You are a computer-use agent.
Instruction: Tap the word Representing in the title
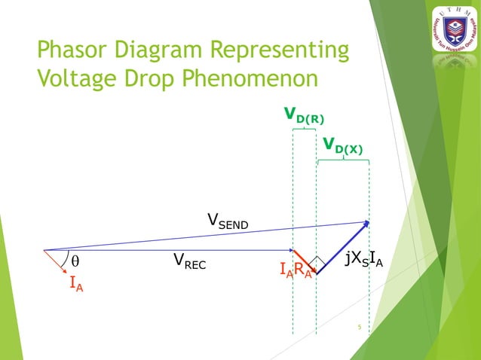[291, 51]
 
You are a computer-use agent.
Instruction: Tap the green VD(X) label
[342, 144]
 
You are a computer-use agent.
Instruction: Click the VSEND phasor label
[228, 221]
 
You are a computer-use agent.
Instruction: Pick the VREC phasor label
[189, 261]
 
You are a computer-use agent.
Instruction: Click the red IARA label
[295, 270]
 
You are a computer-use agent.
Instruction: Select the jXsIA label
[363, 260]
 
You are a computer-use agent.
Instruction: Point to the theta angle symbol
[75, 261]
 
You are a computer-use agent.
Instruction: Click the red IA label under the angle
[76, 284]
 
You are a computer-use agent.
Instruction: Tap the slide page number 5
[360, 327]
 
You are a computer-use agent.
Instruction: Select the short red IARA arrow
[305, 261]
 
